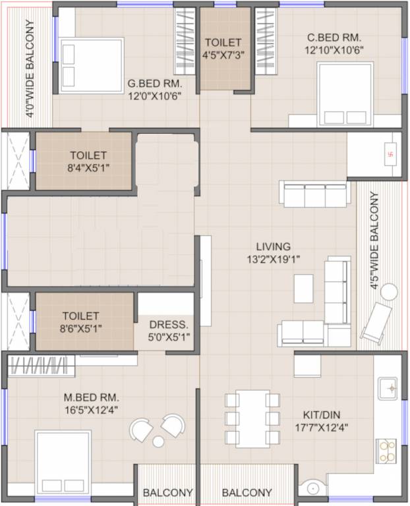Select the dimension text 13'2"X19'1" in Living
coord(270,259)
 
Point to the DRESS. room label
coord(169,325)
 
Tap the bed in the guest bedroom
coord(92,65)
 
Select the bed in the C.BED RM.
coord(345,94)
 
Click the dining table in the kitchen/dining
coord(252,418)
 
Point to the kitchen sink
coord(387,389)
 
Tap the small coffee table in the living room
coord(304,288)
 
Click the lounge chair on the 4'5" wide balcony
coord(375,323)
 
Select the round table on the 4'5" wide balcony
coord(389,291)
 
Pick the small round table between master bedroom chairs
coord(158,441)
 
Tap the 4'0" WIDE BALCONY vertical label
coord(30,68)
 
